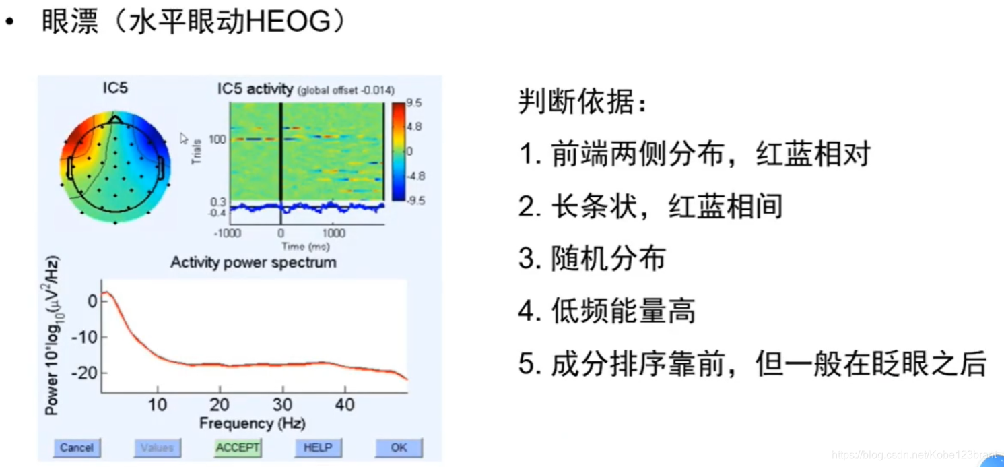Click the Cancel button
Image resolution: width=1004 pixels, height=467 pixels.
click(x=76, y=447)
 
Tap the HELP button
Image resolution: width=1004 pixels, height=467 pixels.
click(x=318, y=447)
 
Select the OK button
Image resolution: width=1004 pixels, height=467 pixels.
click(x=399, y=447)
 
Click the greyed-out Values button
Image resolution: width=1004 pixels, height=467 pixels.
click(x=157, y=447)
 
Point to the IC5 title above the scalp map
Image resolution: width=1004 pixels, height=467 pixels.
click(x=115, y=88)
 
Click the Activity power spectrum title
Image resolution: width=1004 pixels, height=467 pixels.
click(x=253, y=262)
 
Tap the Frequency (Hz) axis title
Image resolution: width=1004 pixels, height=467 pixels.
click(x=252, y=423)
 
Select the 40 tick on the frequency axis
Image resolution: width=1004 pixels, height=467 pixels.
click(x=345, y=404)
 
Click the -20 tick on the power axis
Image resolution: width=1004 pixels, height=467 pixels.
click(x=87, y=373)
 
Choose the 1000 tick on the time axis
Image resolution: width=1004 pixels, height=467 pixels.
click(x=334, y=233)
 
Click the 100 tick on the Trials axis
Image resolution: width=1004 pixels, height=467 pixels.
click(x=217, y=139)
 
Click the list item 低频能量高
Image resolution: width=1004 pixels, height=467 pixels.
click(x=623, y=311)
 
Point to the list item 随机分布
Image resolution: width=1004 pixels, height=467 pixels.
click(x=609, y=259)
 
